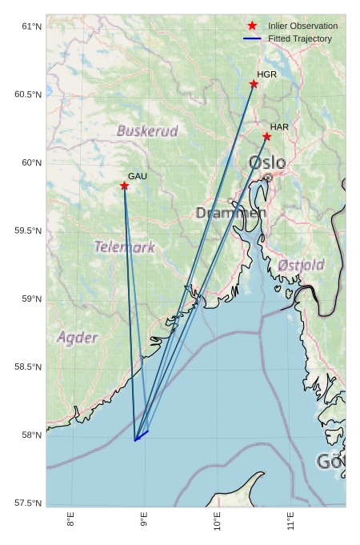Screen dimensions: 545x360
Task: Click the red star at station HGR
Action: point(254,84)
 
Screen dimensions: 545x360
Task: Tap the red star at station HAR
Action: point(266,137)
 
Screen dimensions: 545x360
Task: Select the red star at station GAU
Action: point(124,186)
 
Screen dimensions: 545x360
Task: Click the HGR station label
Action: point(266,74)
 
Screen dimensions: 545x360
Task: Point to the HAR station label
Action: point(279,127)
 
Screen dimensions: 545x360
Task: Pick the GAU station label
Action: point(138,176)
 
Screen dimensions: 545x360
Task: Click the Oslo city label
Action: point(266,163)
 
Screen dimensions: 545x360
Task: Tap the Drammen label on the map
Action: point(230,213)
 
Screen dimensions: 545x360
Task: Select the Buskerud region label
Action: point(147,130)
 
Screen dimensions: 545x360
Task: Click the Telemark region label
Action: point(125,246)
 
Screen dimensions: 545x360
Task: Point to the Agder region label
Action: point(78,338)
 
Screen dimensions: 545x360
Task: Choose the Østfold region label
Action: point(301,265)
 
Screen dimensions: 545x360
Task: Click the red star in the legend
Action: point(252,26)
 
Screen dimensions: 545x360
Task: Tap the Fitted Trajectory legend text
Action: point(300,38)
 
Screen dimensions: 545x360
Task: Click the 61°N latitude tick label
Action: point(30,26)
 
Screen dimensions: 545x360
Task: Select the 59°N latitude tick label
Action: point(30,299)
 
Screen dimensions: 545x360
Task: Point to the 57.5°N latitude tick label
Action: point(28,503)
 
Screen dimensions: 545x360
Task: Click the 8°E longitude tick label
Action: point(71,520)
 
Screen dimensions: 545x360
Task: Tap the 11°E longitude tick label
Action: point(290,520)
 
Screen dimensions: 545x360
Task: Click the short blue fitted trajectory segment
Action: point(142,435)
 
